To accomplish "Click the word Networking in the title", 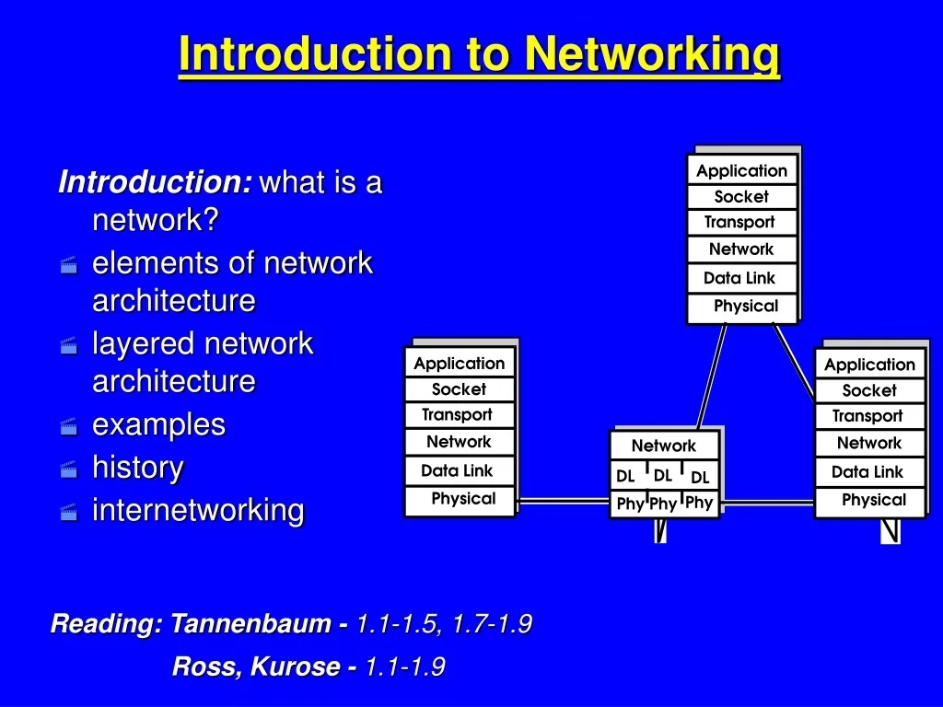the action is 652,54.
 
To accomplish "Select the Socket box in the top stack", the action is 742,197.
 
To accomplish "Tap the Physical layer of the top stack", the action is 742,307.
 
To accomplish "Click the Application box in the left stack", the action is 460,363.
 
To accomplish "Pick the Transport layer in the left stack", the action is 460,415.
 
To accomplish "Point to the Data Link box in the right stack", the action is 869,472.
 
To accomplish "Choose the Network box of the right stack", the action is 869,443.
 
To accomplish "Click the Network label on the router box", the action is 664,446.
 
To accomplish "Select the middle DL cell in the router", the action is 663,476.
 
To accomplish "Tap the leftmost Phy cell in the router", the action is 630,504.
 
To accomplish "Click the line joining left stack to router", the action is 563,500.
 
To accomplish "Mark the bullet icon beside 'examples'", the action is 69,426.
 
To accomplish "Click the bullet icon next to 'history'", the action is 69,469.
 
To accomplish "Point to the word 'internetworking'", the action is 199,510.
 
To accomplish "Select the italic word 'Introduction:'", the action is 155,181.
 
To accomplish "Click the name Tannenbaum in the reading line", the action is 250,623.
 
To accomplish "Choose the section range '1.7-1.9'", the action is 492,623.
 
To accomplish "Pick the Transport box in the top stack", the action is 742,223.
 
